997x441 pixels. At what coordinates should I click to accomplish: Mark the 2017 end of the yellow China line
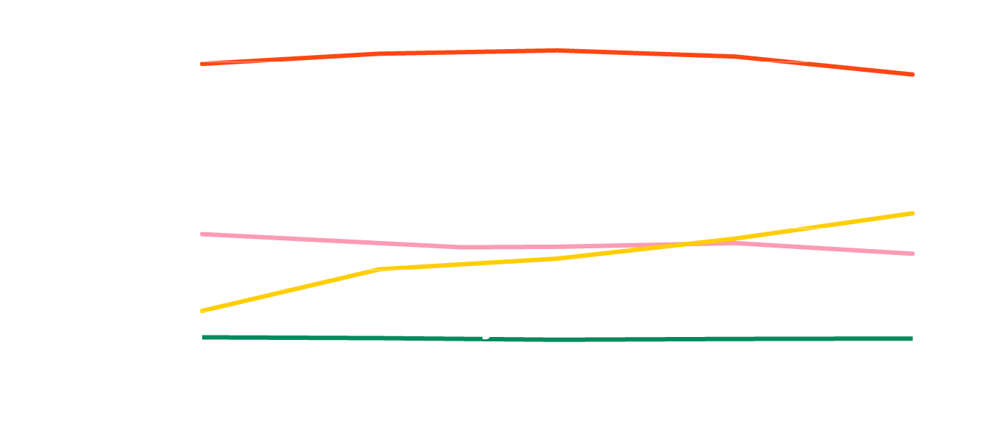click(x=912, y=213)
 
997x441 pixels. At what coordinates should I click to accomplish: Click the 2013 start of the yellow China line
click(x=202, y=311)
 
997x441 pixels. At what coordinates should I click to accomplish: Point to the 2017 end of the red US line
click(x=912, y=75)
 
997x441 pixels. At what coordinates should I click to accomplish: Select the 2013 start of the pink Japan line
click(x=202, y=234)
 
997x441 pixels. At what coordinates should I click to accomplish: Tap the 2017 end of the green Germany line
click(x=911, y=338)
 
